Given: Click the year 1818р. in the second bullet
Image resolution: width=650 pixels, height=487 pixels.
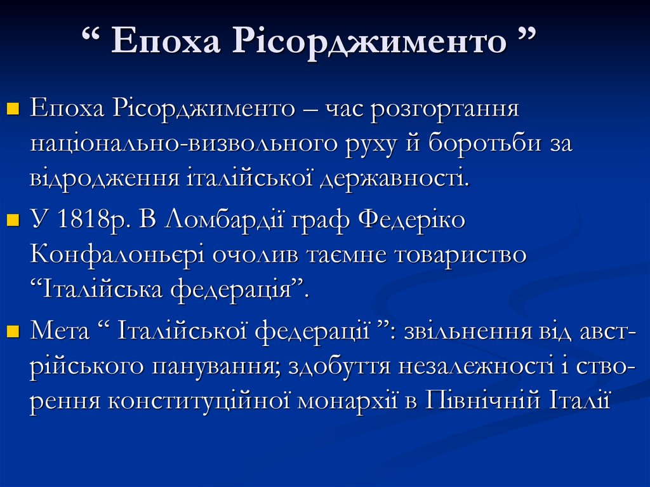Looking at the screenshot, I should [x=93, y=220].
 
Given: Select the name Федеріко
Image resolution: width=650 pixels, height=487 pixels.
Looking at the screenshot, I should [x=412, y=220].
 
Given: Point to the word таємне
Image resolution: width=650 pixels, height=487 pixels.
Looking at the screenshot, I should [x=343, y=255].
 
